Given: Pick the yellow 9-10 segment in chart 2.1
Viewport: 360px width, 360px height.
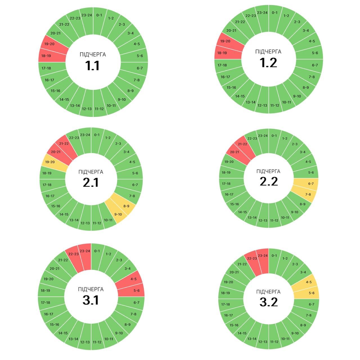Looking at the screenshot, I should point(118,214).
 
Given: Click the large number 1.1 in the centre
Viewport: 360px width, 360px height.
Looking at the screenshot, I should point(92,66).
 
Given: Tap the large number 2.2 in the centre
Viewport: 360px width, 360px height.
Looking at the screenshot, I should point(269,181).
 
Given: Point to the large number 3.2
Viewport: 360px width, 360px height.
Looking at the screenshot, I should point(269,302).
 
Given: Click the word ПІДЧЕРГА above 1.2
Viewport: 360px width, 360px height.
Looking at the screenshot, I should point(268,52).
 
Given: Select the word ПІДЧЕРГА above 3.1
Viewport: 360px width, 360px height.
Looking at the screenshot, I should point(91,289).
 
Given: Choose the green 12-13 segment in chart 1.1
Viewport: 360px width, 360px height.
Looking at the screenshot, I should point(87,109).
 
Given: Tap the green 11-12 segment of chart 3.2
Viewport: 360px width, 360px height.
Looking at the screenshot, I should point(274,341).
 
